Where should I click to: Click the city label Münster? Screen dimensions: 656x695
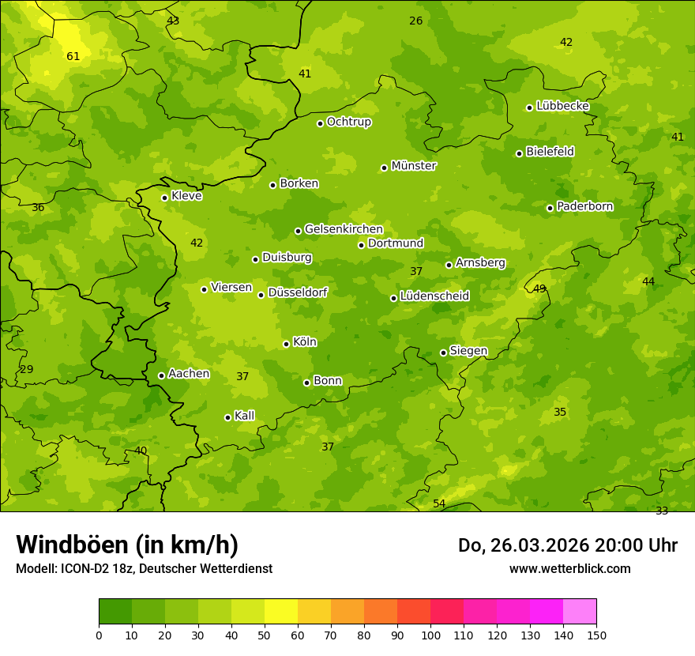pyautogui.click(x=413, y=166)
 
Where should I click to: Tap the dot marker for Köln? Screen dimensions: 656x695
pyautogui.click(x=286, y=344)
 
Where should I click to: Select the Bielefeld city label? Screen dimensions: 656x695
pyautogui.click(x=550, y=152)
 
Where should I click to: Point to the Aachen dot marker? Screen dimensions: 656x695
pyautogui.click(x=161, y=375)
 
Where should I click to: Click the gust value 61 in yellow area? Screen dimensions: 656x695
pyautogui.click(x=73, y=56)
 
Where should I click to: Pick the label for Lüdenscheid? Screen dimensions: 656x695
pyautogui.click(x=434, y=296)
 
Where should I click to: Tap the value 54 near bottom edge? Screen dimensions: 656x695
pyautogui.click(x=439, y=503)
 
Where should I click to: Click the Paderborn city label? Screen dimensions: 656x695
pyautogui.click(x=584, y=206)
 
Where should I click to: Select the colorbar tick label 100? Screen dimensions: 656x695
pyautogui.click(x=430, y=635)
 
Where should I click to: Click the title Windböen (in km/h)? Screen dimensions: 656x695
pyautogui.click(x=127, y=545)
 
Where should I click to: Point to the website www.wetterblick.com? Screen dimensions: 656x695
pyautogui.click(x=569, y=568)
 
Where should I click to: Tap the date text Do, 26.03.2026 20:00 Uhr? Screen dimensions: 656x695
pyautogui.click(x=567, y=545)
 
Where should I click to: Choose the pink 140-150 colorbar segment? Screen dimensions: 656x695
pyautogui.click(x=580, y=611)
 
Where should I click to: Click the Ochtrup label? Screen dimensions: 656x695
pyautogui.click(x=348, y=122)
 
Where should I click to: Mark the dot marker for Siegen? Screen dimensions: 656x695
pyautogui.click(x=443, y=353)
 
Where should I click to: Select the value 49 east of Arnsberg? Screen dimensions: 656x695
pyautogui.click(x=539, y=288)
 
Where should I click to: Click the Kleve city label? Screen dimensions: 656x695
pyautogui.click(x=186, y=196)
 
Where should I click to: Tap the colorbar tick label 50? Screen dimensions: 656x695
pyautogui.click(x=265, y=635)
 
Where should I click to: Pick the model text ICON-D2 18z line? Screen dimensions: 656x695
pyautogui.click(x=144, y=568)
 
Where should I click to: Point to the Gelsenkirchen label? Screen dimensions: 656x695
pyautogui.click(x=344, y=229)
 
